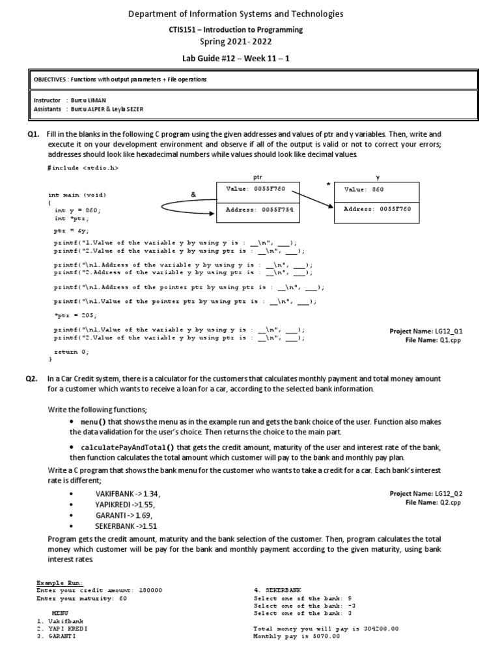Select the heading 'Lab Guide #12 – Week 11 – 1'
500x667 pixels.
[249, 59]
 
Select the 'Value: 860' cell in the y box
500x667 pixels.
[376, 190]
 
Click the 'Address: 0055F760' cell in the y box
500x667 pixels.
[376, 210]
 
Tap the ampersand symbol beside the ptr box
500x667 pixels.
[193, 195]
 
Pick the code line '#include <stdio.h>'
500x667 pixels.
[83, 168]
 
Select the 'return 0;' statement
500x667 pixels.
[71, 351]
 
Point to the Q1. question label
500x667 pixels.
[32, 134]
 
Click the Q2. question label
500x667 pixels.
[32, 378]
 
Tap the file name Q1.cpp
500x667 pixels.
[449, 340]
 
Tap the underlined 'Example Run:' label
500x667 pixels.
[60, 582]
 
